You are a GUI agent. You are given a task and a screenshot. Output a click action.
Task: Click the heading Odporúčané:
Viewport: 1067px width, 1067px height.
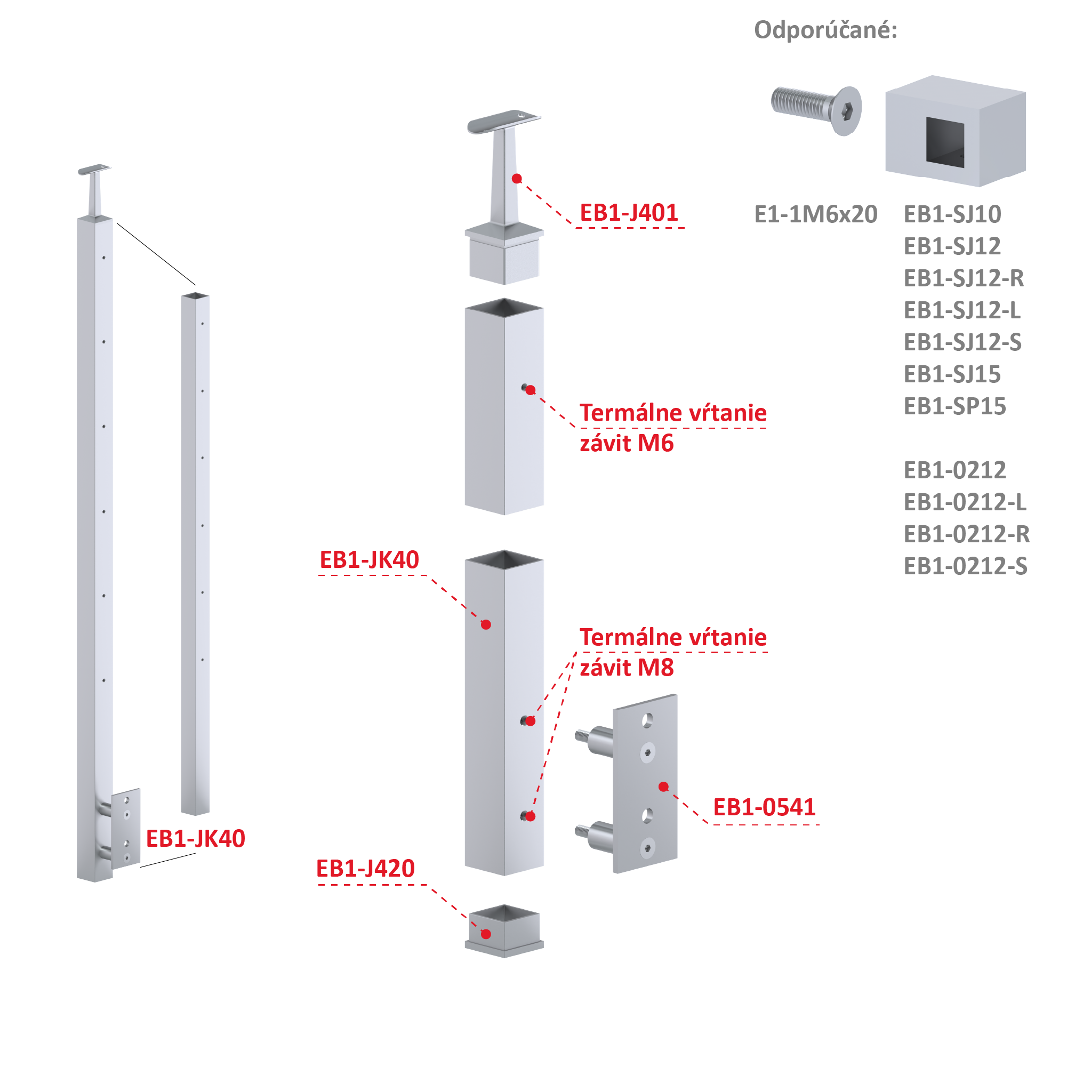coord(825,30)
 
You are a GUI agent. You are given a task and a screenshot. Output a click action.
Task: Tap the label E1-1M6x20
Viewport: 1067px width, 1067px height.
coord(816,214)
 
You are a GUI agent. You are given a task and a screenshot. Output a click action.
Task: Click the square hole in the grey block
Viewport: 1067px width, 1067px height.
coord(945,141)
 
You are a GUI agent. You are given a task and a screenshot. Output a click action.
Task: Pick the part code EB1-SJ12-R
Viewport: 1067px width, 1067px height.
coord(964,278)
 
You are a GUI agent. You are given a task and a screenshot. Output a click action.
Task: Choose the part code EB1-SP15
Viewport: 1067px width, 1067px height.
coord(955,406)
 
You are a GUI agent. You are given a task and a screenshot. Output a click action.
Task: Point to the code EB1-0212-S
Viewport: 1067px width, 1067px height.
coord(965,567)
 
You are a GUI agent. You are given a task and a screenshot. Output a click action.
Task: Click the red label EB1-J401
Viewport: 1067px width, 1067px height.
coord(629,213)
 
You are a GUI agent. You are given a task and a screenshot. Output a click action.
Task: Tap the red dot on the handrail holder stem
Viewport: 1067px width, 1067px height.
coord(517,179)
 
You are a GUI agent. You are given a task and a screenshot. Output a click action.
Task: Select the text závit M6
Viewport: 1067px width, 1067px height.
coord(627,444)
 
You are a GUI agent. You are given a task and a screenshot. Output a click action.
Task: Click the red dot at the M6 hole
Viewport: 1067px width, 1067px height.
coord(531,390)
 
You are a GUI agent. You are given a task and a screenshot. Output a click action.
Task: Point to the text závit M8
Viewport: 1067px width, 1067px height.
coord(627,668)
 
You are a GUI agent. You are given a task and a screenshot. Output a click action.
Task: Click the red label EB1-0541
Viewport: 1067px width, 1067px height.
coord(764,807)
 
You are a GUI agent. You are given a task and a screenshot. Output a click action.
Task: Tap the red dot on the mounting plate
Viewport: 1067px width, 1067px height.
coord(664,787)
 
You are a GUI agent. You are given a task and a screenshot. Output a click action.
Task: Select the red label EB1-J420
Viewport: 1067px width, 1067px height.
coord(365,869)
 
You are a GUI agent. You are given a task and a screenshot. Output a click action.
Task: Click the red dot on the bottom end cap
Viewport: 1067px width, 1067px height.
coord(486,934)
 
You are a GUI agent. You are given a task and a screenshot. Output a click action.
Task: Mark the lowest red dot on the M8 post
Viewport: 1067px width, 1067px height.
coord(530,816)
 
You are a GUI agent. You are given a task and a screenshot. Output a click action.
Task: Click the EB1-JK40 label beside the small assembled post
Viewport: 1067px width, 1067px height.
coord(196,839)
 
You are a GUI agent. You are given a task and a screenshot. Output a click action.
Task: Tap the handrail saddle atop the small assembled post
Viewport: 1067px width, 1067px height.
coord(94,169)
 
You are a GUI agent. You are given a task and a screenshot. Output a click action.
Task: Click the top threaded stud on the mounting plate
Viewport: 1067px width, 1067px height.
coord(594,739)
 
